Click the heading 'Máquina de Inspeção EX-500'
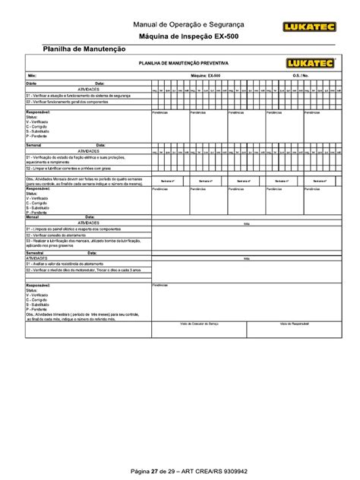pos(179,36)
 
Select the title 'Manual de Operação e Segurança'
pos(179,24)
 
